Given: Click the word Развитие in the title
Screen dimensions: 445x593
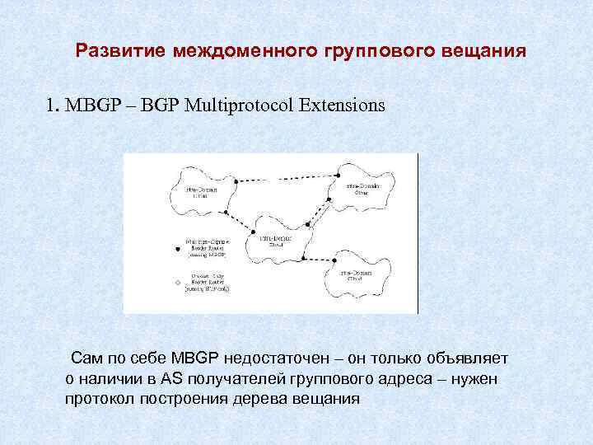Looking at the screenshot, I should (x=122, y=52).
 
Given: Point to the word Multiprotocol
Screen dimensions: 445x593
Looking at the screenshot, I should (x=233, y=106).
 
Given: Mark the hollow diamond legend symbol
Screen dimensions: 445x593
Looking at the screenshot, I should (x=175, y=284).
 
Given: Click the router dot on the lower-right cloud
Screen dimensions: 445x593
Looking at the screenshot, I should (x=306, y=260).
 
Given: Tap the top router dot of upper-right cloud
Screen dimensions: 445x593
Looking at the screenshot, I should (x=337, y=176).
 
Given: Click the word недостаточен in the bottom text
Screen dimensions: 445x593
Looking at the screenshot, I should (x=292, y=359).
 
